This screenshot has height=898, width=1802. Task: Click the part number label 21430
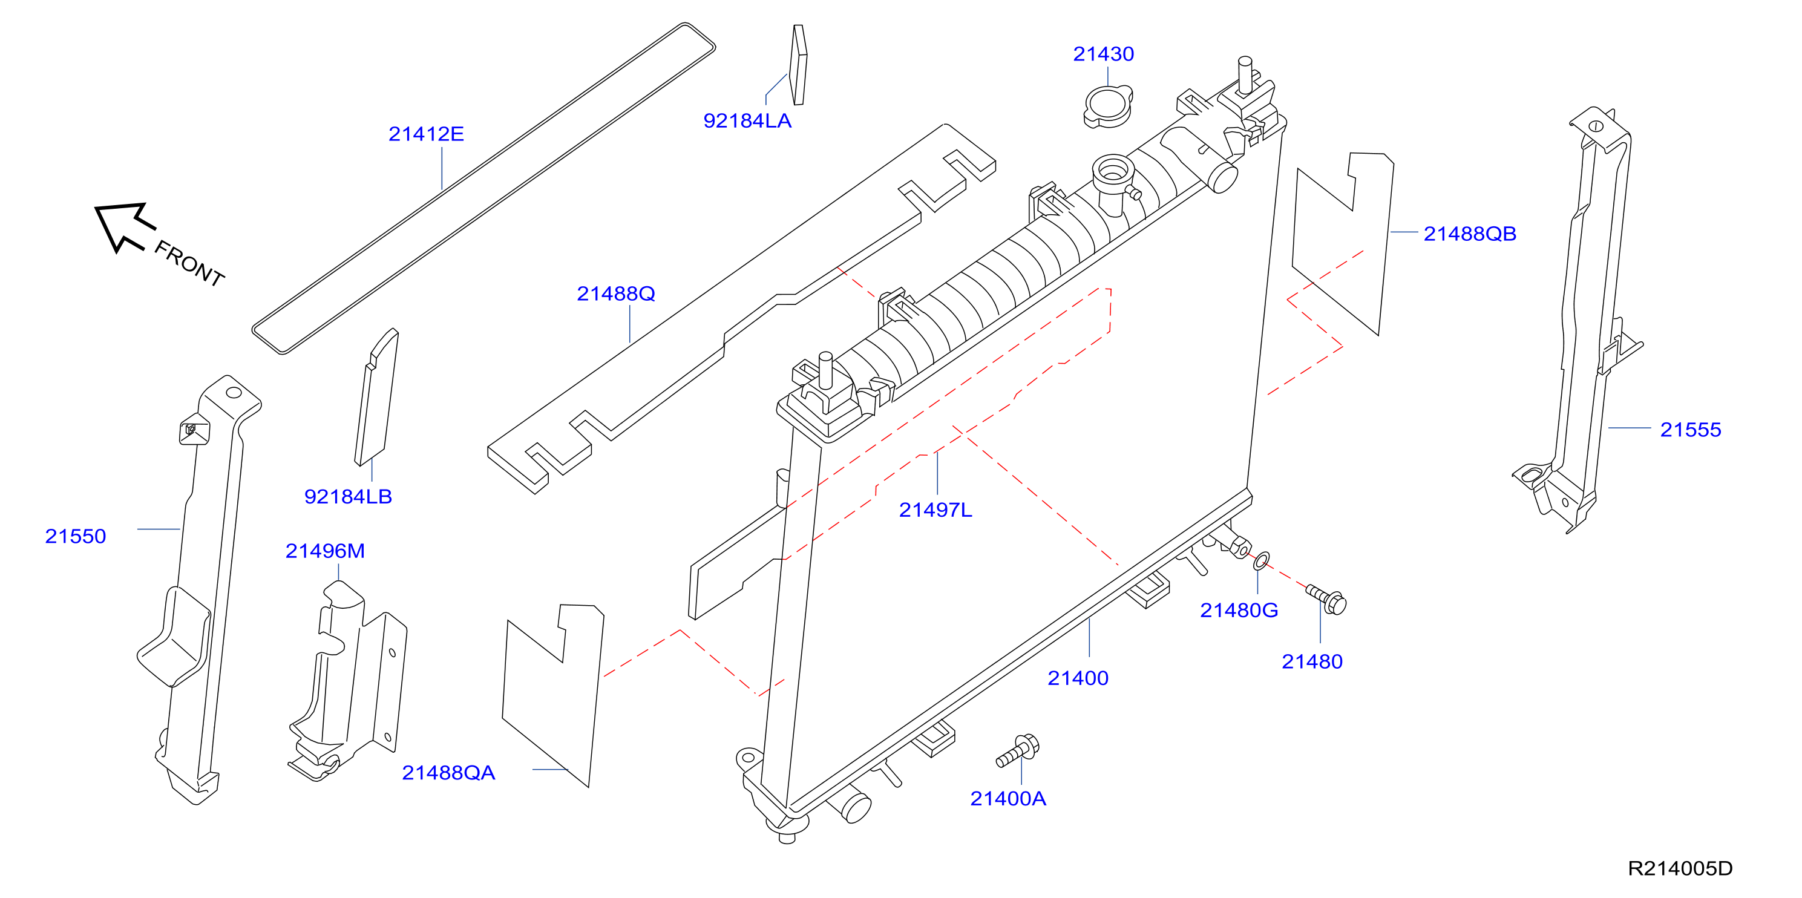click(x=1103, y=54)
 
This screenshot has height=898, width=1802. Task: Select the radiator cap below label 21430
click(x=1108, y=107)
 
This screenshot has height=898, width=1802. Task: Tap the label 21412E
click(x=426, y=134)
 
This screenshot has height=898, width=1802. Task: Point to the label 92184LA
click(x=747, y=121)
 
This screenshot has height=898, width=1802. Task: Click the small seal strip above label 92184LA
click(x=798, y=65)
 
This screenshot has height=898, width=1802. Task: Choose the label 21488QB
click(x=1470, y=234)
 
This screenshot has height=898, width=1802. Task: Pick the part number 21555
click(x=1690, y=430)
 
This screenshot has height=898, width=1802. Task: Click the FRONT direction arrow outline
click(x=125, y=226)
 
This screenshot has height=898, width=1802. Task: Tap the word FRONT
click(x=189, y=264)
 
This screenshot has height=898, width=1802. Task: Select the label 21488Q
click(x=615, y=293)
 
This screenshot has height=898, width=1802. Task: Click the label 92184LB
click(x=348, y=497)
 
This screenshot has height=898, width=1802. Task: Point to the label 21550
click(x=76, y=536)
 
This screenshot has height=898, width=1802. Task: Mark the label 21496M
click(x=324, y=551)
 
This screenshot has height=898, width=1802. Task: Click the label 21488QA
click(x=448, y=773)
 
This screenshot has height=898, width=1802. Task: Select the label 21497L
click(x=935, y=510)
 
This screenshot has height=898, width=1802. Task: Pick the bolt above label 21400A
click(x=1017, y=752)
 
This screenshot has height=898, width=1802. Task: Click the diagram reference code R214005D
click(x=1680, y=868)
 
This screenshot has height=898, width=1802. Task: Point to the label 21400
click(x=1078, y=678)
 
